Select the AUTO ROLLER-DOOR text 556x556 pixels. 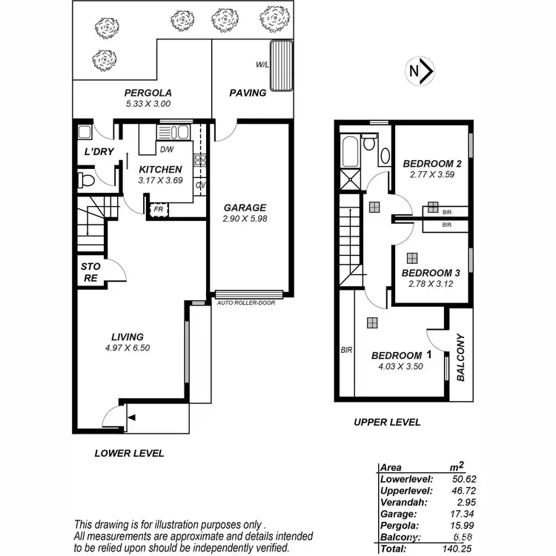pos(248,303)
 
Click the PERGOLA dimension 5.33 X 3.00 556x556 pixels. pos(148,105)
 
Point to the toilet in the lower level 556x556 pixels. pos(86,180)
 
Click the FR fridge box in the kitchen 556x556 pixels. pos(158,210)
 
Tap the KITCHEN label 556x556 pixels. pos(160,170)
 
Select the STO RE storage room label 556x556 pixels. pos(90,272)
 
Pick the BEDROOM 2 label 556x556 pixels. pos(432,164)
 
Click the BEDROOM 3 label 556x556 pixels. pos(431,273)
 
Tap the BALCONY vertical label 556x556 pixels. pos(460,357)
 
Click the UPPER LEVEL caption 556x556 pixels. pos(387,422)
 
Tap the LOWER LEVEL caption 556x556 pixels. pos(129,453)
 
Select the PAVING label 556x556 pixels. pos(248,93)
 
